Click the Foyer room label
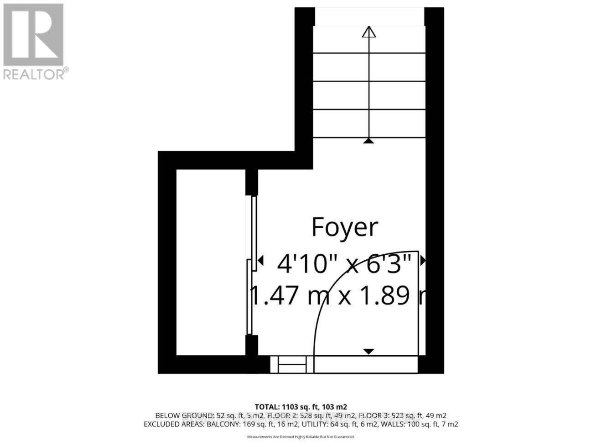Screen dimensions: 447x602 pyautogui.click(x=344, y=227)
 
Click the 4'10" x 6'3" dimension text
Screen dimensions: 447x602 pyautogui.click(x=344, y=263)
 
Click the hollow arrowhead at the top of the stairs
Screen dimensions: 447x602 pyautogui.click(x=368, y=32)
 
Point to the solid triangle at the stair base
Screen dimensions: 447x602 pyautogui.click(x=368, y=141)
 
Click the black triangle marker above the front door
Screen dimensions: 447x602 pyautogui.click(x=368, y=351)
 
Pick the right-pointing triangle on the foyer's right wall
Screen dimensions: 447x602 pyautogui.click(x=422, y=261)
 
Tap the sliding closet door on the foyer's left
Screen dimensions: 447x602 pyautogui.click(x=252, y=265)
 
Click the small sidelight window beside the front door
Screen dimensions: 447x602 pyautogui.click(x=292, y=364)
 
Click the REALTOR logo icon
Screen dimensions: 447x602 pyautogui.click(x=33, y=35)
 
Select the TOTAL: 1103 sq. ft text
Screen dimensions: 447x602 pyautogui.click(x=301, y=407)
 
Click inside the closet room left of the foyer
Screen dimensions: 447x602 pyautogui.click(x=211, y=263)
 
